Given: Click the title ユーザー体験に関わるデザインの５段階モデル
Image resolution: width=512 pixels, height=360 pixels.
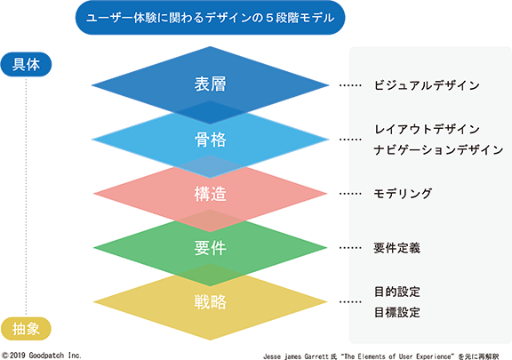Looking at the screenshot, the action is [211, 18].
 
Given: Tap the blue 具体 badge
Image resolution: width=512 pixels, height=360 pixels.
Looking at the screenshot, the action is [26, 64].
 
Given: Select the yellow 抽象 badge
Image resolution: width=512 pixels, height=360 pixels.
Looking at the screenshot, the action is [26, 329].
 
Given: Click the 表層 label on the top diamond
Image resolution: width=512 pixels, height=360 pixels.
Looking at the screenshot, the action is [211, 84].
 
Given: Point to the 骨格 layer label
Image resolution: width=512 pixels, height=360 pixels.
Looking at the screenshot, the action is [211, 140].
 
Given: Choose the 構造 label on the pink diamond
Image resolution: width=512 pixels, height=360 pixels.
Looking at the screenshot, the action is [211, 194].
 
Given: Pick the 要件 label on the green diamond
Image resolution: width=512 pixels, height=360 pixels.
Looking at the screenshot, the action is [211, 248].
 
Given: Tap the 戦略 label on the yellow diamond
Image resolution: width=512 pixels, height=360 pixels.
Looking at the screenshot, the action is [211, 302].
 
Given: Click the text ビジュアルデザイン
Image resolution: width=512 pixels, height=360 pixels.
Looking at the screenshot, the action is [427, 85].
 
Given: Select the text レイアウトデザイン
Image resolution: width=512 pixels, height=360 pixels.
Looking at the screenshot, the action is [427, 129].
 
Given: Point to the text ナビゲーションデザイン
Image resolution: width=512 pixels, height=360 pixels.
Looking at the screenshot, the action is [438, 150].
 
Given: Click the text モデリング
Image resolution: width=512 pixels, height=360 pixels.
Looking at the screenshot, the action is [403, 194].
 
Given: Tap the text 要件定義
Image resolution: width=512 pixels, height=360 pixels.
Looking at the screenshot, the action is [397, 248].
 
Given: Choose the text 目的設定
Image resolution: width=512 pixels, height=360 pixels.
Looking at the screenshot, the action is [397, 292].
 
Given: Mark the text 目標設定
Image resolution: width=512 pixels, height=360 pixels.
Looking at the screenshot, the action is [397, 312].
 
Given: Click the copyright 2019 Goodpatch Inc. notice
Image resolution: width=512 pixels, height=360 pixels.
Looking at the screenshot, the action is [41, 355].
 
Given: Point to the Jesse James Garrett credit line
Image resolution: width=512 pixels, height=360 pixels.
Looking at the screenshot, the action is [381, 356].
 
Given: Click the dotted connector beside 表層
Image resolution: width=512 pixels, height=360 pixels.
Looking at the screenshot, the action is [350, 85].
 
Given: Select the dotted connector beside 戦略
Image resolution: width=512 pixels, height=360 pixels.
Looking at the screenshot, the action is [350, 302].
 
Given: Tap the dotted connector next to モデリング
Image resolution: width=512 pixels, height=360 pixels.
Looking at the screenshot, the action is [350, 194].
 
